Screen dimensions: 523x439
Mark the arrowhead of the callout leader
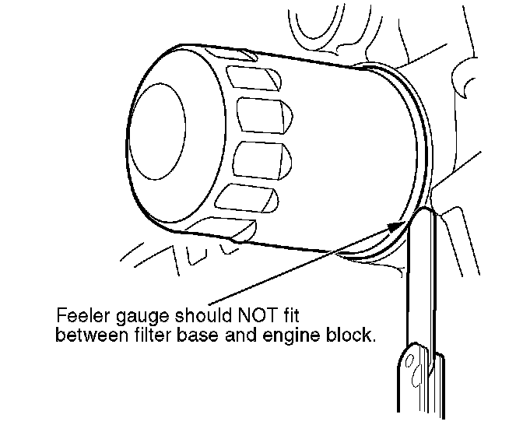[x=397, y=224]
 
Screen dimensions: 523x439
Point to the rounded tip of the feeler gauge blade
[x=424, y=213]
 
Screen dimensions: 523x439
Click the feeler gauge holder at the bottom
[x=420, y=381]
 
